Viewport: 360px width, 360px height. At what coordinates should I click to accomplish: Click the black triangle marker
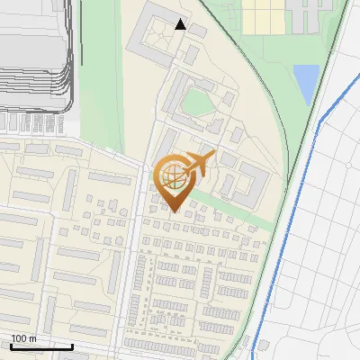(181, 25)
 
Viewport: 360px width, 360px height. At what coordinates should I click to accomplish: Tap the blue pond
(306, 84)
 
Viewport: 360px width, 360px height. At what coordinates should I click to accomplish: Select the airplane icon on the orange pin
(200, 164)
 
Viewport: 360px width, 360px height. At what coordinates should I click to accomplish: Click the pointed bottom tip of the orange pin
(173, 212)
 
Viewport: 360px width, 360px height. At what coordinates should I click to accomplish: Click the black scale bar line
(40, 346)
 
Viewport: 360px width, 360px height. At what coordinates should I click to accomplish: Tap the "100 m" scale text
(23, 338)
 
